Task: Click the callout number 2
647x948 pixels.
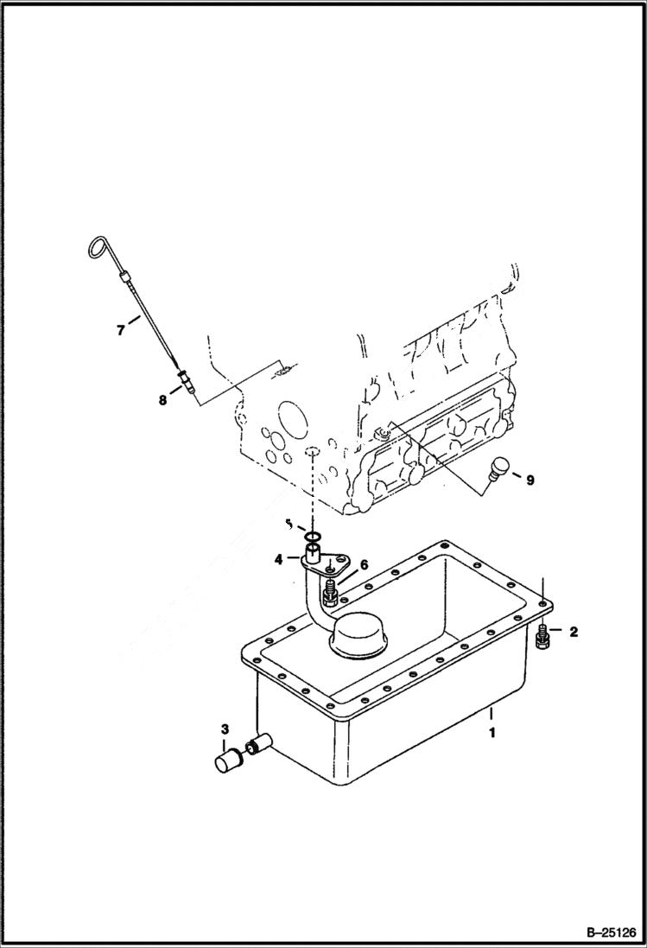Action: [x=572, y=632]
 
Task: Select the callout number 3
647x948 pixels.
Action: [x=224, y=728]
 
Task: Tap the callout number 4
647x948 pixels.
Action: [x=279, y=559]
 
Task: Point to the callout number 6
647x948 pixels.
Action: [x=364, y=564]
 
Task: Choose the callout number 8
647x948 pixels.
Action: [x=162, y=400]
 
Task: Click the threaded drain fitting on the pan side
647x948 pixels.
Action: [x=258, y=742]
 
